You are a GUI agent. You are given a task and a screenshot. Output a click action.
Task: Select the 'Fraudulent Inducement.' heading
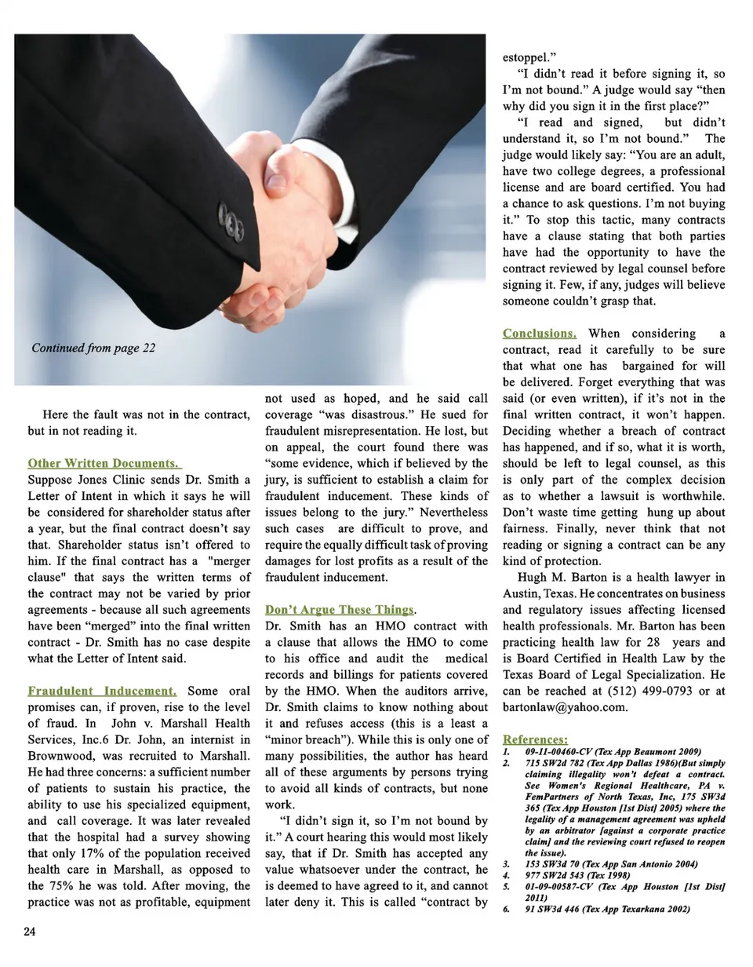coord(102,691)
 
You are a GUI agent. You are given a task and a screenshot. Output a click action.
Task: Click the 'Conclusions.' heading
coord(540,334)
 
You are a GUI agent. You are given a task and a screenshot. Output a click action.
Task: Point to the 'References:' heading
coord(535,739)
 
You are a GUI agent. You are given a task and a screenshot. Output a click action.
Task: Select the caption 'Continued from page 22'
coord(93,348)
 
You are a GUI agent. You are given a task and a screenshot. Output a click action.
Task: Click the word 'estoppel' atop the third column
coord(527,57)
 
